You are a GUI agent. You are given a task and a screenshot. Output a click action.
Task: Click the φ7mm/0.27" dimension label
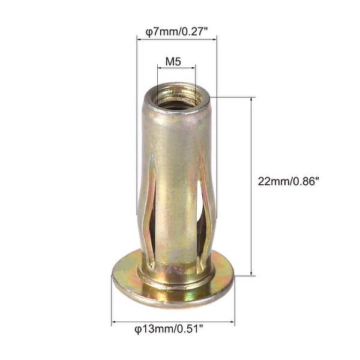176,30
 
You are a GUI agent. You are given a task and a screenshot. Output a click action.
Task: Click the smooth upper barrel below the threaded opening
174,132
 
